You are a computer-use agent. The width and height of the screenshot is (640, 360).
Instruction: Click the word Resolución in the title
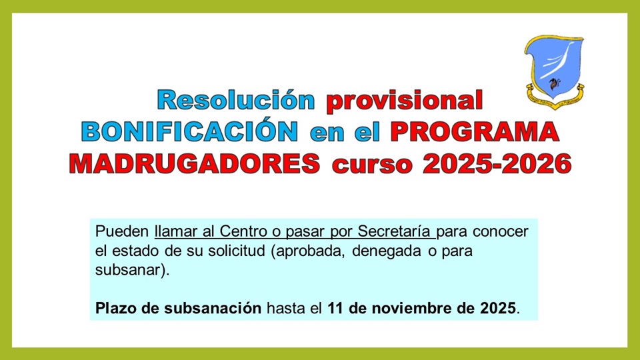click(235, 100)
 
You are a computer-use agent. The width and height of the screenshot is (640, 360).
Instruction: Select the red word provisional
click(404, 100)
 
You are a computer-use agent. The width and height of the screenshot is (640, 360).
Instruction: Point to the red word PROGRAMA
click(475, 131)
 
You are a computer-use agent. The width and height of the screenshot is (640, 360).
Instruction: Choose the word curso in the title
click(370, 163)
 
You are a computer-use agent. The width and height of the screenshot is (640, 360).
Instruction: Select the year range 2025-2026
click(496, 163)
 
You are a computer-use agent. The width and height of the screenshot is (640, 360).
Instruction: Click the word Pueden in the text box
click(123, 232)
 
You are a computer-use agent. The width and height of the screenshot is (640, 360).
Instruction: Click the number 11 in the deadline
click(336, 309)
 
